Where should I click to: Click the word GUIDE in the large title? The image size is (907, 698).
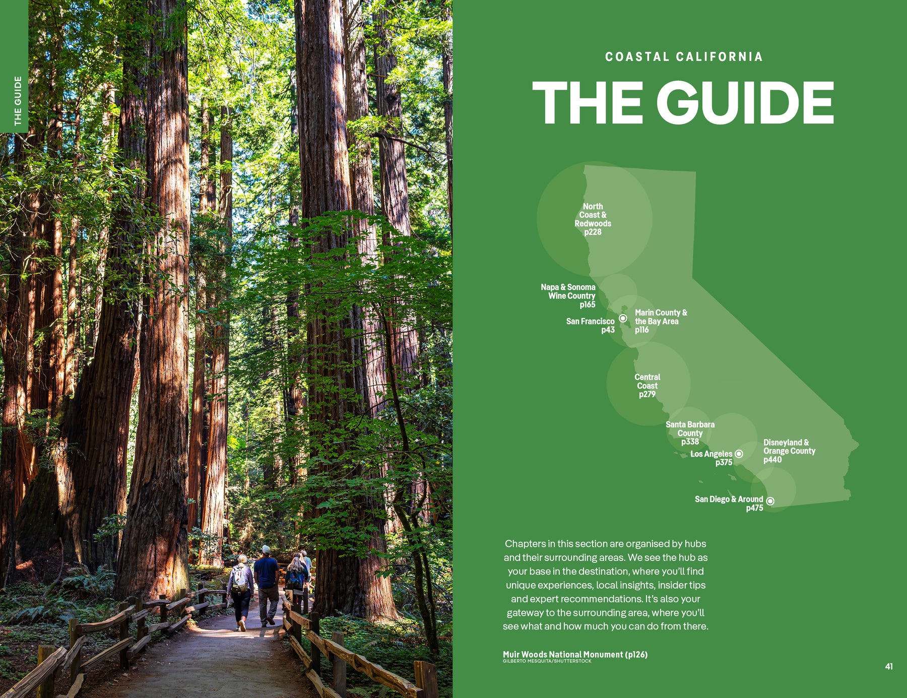[745, 103]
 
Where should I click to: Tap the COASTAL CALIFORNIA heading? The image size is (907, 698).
[684, 57]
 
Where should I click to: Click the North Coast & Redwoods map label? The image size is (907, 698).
[593, 219]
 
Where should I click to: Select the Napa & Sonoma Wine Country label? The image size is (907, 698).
[569, 295]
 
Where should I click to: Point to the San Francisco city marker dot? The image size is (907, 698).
[623, 318]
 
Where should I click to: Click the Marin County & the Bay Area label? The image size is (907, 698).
[660, 321]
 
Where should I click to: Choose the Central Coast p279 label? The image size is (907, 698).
[647, 386]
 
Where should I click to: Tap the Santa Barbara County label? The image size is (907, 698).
[690, 433]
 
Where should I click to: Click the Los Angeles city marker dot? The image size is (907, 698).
[739, 454]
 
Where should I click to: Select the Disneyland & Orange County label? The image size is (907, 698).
[789, 451]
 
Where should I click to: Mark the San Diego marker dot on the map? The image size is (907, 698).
[770, 501]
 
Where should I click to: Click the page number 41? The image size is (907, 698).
[889, 666]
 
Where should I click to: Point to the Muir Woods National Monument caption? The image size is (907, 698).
[575, 654]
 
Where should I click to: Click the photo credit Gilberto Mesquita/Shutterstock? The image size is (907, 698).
[547, 661]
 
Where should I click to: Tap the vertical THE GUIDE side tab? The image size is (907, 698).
[18, 101]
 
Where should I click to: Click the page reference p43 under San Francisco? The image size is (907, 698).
[608, 330]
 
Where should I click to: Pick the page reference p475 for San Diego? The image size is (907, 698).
[754, 508]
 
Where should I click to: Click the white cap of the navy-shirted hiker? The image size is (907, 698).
[266, 549]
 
